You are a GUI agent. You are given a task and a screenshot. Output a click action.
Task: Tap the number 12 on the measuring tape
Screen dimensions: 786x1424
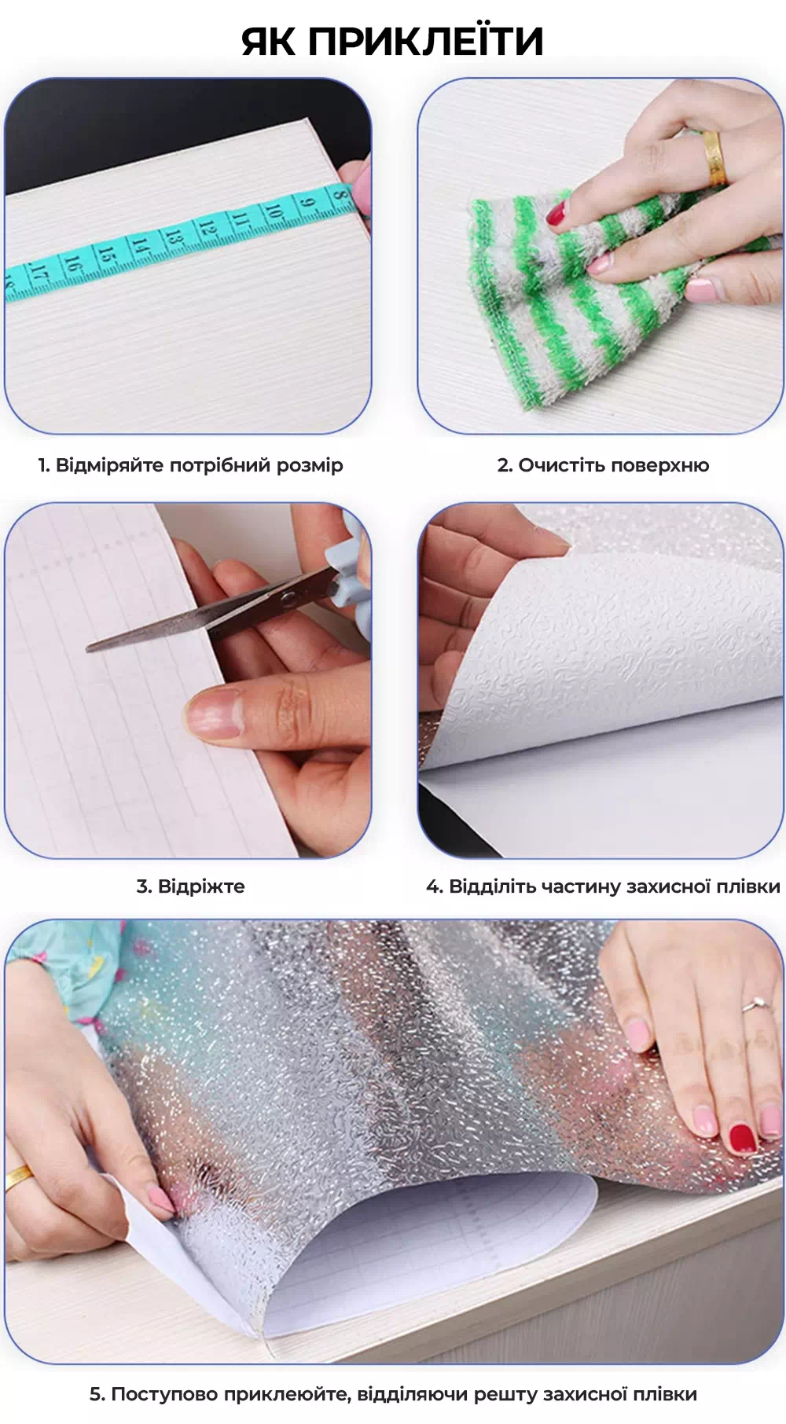tap(207, 228)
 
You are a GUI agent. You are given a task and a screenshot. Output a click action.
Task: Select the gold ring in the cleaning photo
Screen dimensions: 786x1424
tap(714, 157)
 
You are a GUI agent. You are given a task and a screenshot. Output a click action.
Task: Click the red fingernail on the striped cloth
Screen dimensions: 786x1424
tap(556, 212)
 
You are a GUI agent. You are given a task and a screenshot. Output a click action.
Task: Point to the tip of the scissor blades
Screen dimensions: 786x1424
tap(88, 648)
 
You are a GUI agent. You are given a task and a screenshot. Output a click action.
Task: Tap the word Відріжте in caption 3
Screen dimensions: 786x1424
tap(201, 886)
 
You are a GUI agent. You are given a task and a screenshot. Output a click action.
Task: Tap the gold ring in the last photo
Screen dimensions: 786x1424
tap(19, 1176)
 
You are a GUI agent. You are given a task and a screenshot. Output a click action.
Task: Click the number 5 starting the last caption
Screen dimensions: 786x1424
tap(96, 1394)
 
